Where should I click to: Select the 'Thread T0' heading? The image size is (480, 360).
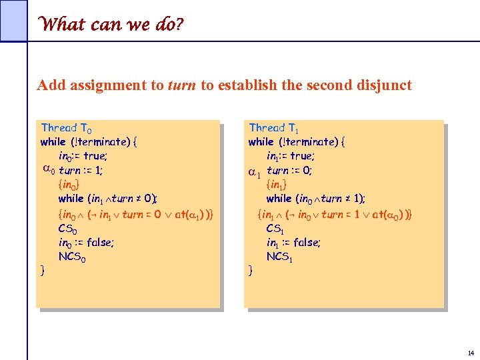(67, 127)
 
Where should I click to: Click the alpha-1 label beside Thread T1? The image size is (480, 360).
(254, 172)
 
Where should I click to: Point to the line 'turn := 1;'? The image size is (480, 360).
(81, 171)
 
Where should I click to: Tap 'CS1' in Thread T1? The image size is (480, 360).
(277, 229)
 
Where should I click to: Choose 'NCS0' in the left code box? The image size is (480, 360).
(73, 257)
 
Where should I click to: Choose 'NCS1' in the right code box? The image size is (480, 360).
(280, 257)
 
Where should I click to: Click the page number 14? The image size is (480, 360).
(471, 352)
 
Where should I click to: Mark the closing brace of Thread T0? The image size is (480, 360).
(43, 271)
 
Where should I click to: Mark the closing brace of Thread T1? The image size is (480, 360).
(251, 271)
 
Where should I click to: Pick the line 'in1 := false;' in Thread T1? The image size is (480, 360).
(293, 243)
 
